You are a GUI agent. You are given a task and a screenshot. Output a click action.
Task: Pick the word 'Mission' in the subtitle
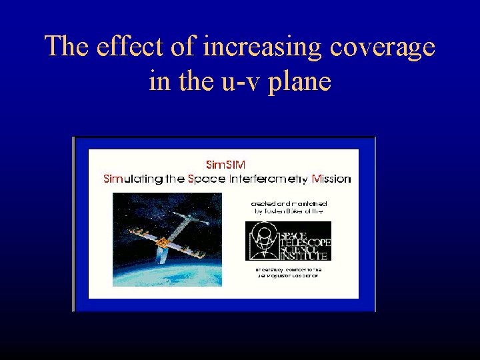pos(331,179)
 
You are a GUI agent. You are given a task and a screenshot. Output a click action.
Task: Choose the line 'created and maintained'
pos(289,201)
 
